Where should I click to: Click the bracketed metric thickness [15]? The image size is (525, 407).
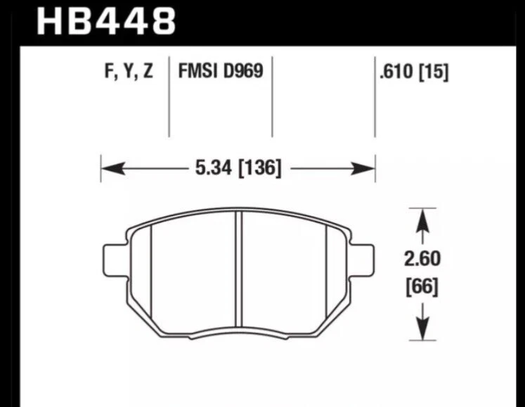pyautogui.click(x=433, y=72)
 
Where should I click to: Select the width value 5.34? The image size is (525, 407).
pyautogui.click(x=208, y=168)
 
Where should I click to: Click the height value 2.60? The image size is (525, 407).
pyautogui.click(x=422, y=260)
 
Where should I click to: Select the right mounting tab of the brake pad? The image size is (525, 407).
pyautogui.click(x=362, y=260)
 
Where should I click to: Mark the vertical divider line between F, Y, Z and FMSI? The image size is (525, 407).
pyautogui.click(x=169, y=98)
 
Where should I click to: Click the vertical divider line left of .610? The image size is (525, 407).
pyautogui.click(x=374, y=98)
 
